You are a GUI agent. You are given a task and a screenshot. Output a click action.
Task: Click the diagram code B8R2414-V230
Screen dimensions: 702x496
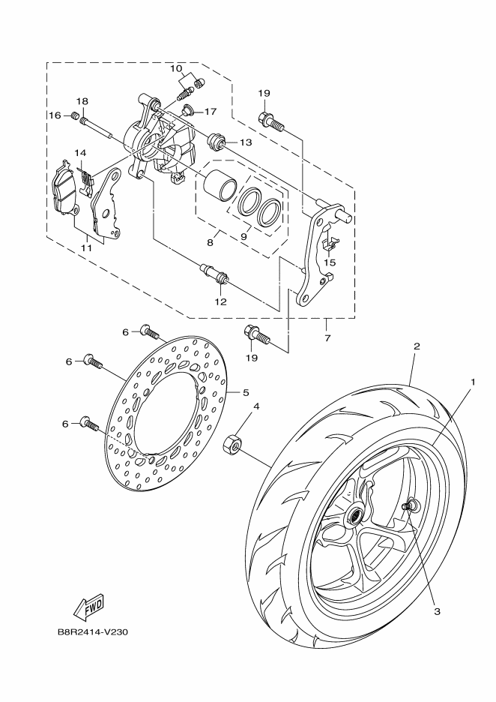(92, 631)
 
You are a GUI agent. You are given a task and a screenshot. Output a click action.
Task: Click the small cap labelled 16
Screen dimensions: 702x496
(75, 115)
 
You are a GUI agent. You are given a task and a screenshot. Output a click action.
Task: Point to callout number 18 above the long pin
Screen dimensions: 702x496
(82, 101)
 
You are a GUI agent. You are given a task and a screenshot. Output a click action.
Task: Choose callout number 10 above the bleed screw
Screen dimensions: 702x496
(177, 69)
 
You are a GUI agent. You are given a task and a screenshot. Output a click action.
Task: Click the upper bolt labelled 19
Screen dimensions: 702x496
(270, 118)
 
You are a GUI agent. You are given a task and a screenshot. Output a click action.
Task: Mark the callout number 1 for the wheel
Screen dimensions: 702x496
(472, 382)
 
